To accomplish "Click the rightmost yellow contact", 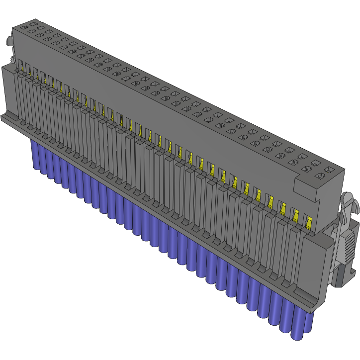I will click(x=309, y=221).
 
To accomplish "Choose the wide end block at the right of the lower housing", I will click(x=318, y=264).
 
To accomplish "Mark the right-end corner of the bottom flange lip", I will click(x=314, y=307).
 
